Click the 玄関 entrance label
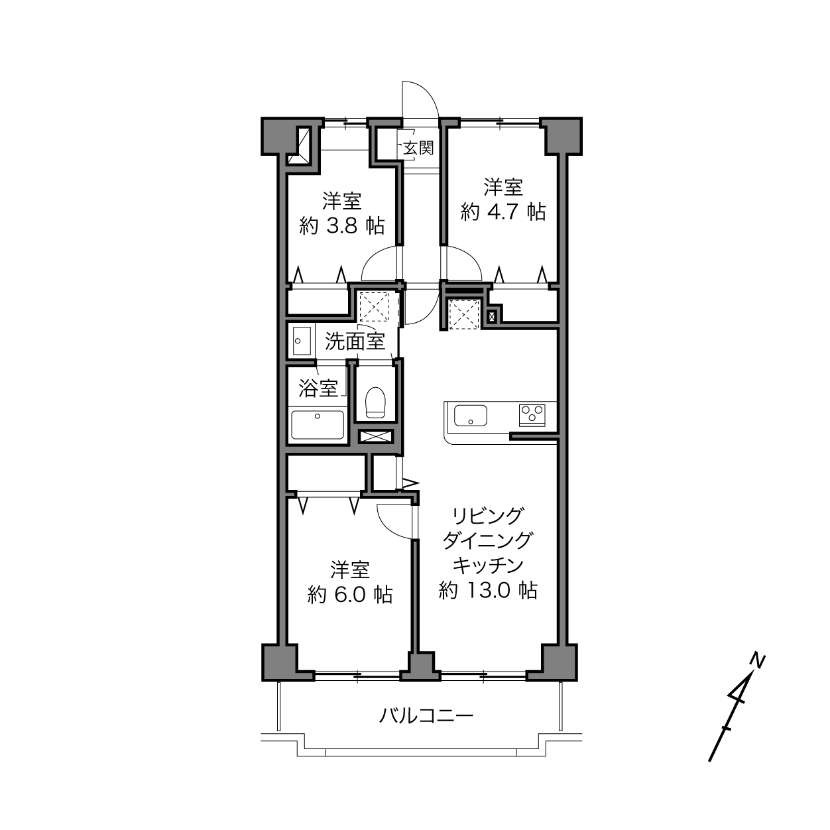418,148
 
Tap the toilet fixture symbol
375,402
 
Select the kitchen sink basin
470,415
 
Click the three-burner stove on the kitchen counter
532,415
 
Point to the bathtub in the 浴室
318,425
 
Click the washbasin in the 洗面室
302,341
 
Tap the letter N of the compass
757,660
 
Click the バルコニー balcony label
426,716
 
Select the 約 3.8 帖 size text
341,225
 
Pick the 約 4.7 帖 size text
503,212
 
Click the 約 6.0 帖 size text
350,595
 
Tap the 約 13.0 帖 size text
487,589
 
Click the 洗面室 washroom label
355,341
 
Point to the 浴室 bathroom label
318,389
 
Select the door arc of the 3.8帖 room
373,257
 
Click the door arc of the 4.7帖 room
470,257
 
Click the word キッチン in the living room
488,565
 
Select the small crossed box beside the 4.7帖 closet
491,317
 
